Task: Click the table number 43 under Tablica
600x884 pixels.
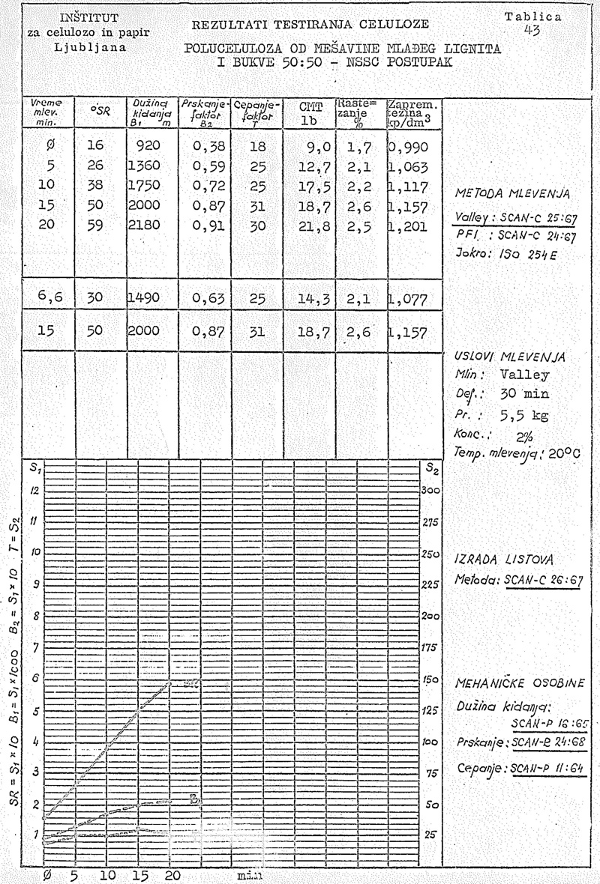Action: [534, 30]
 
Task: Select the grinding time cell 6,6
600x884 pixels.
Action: [51, 297]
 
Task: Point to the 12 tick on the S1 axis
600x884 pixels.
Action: [34, 491]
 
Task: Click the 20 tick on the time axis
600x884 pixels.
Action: [172, 874]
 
